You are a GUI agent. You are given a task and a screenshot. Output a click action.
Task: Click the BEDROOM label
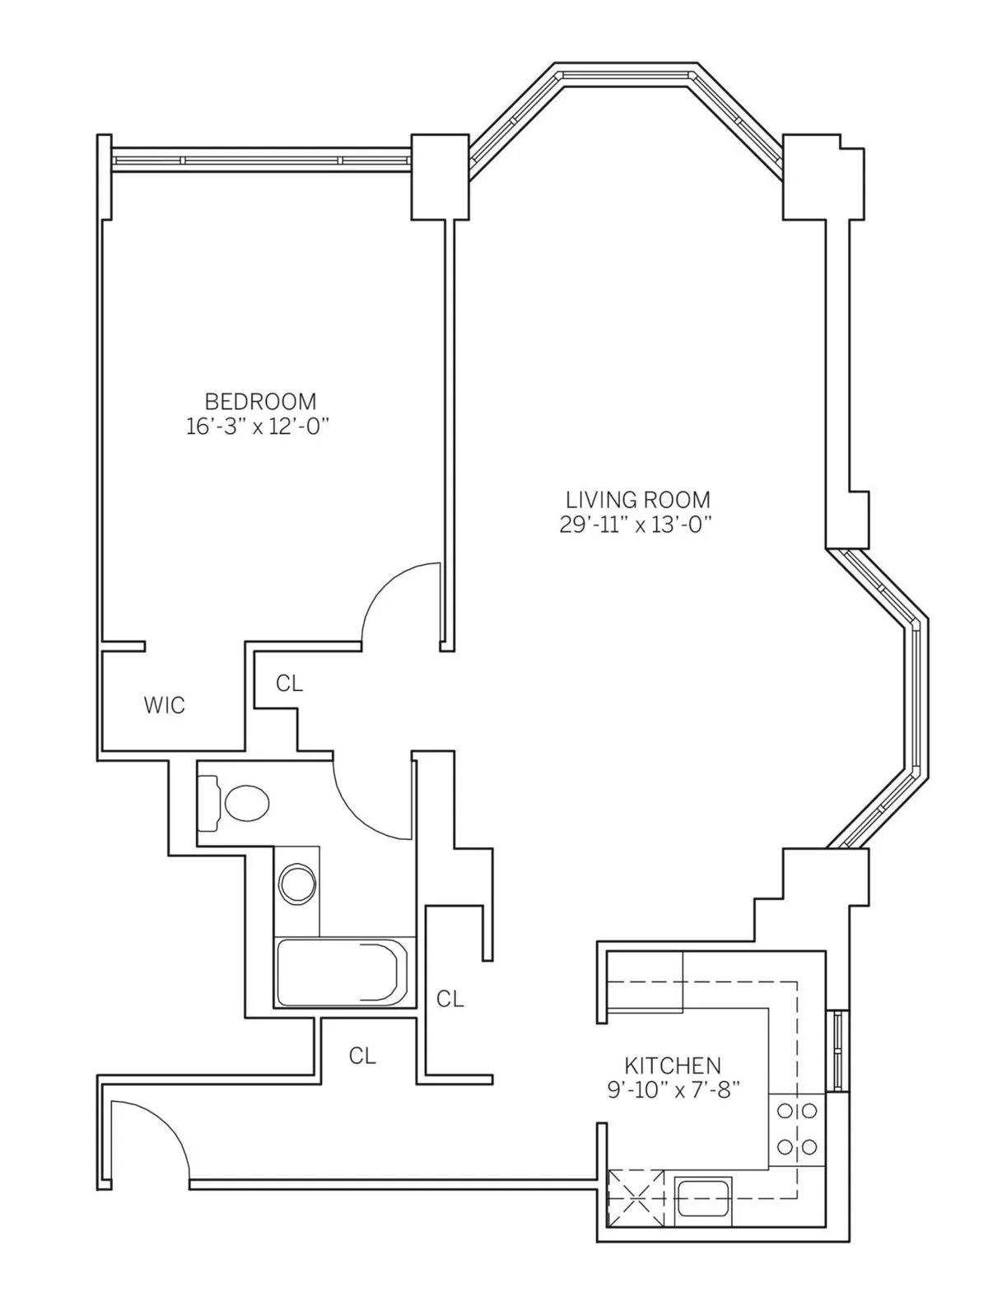[x=259, y=402]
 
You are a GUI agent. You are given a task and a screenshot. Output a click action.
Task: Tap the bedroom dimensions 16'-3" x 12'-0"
[x=259, y=427]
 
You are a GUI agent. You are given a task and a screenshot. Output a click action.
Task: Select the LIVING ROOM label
[x=637, y=499]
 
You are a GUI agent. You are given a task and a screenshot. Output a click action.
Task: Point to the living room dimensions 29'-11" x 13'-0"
[x=635, y=525]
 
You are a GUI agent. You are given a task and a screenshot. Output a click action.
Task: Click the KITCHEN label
[x=673, y=1065]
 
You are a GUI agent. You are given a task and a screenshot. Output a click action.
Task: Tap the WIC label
[x=165, y=706]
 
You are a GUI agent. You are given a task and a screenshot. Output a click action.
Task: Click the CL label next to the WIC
[x=289, y=683]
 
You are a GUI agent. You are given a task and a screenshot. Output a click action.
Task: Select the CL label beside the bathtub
[x=450, y=999]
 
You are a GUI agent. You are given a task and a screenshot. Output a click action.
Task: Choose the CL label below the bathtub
[x=362, y=1057]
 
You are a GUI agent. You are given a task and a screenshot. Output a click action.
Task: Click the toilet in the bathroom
[x=239, y=802]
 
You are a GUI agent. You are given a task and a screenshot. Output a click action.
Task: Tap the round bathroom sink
[x=296, y=885]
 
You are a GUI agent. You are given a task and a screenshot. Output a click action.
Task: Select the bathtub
[x=343, y=973]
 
